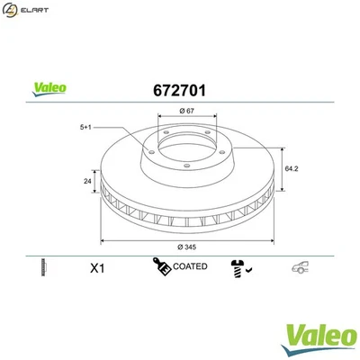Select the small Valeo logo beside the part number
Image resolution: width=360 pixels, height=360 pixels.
pos(48,89)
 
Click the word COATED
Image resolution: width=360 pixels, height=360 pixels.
pos(190,266)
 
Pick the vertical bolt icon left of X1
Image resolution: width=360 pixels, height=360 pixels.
pos(42,267)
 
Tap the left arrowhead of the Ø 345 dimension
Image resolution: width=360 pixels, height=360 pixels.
pos(102,240)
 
